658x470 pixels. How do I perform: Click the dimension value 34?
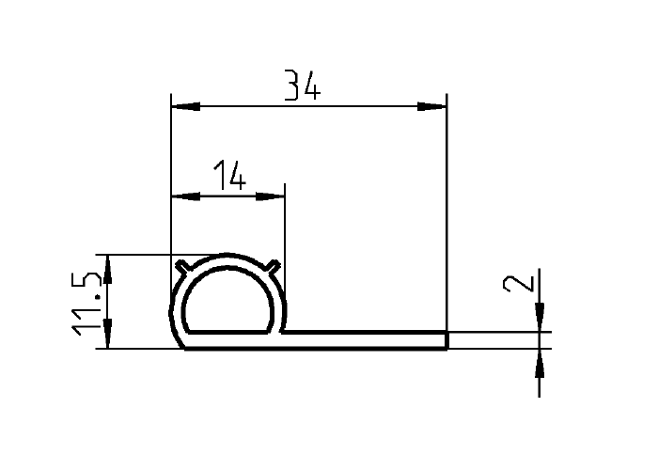click(x=303, y=86)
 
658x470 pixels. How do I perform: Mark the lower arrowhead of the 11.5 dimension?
click(x=108, y=336)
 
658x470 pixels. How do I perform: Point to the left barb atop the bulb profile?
click(x=179, y=266)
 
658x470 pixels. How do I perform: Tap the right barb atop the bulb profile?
click(x=274, y=266)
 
